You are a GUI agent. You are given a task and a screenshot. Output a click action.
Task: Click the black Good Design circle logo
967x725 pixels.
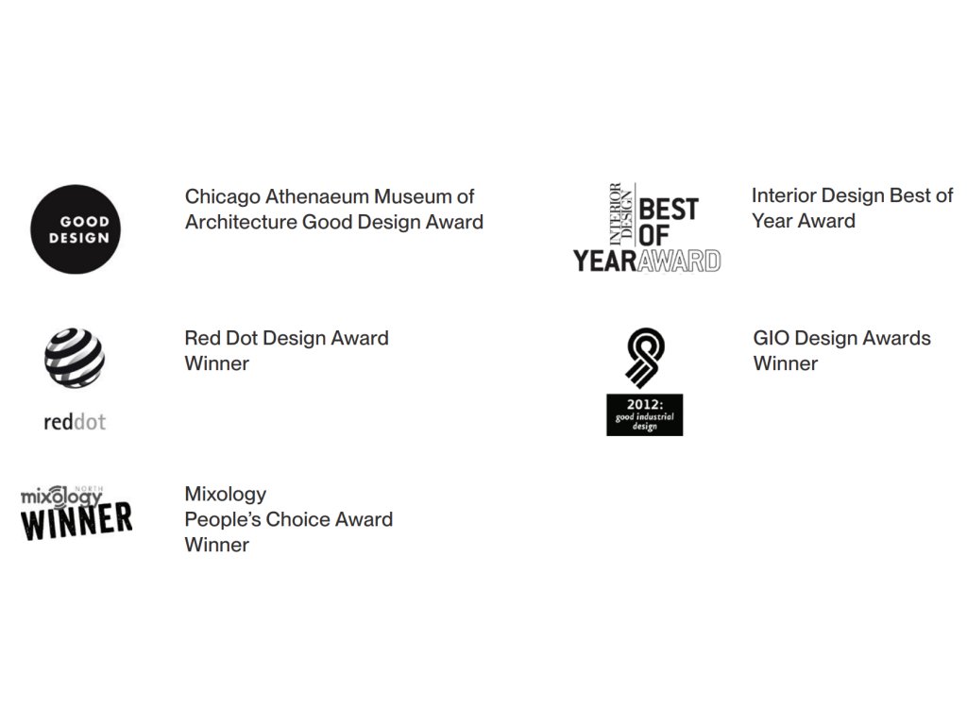(x=76, y=229)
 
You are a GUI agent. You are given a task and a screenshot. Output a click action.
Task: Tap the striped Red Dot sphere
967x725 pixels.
(x=75, y=358)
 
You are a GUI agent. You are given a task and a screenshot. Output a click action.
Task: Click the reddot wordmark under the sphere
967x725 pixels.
(x=75, y=422)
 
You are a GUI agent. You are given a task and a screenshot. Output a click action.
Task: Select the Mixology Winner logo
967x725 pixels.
(x=76, y=514)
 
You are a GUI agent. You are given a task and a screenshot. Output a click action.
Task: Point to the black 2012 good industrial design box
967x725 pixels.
(x=644, y=415)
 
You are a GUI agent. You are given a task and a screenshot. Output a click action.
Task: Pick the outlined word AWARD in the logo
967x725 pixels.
(x=679, y=261)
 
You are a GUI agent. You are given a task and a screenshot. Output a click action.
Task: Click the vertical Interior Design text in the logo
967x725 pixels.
(x=621, y=214)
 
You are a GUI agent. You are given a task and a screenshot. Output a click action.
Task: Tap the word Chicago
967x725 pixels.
(x=223, y=197)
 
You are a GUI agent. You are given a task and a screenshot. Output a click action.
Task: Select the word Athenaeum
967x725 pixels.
(x=317, y=196)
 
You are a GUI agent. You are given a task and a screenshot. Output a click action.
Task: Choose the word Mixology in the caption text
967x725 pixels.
(x=225, y=495)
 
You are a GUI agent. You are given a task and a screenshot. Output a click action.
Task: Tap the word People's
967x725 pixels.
(x=223, y=520)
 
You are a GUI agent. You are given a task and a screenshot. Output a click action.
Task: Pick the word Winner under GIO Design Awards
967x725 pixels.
(x=785, y=363)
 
